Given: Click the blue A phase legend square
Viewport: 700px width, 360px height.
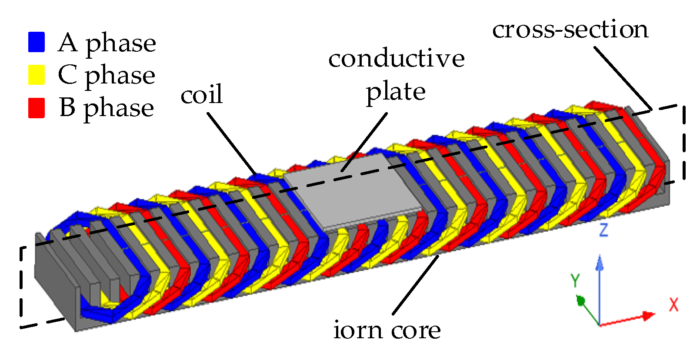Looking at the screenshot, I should click(37, 42).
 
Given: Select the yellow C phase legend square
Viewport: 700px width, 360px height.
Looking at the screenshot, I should click(37, 75).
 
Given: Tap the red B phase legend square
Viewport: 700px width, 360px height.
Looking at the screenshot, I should click(37, 108).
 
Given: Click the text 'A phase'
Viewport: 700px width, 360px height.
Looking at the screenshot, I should click(107, 43).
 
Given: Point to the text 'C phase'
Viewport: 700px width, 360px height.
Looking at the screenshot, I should click(107, 76).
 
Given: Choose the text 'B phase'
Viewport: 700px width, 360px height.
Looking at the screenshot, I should click(107, 108).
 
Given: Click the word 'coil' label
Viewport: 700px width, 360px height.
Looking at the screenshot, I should click(201, 94).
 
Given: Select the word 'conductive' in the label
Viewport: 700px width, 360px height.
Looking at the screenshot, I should click(396, 59).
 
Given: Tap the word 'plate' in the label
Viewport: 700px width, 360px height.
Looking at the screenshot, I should click(396, 92).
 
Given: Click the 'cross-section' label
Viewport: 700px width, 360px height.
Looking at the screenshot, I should click(570, 30).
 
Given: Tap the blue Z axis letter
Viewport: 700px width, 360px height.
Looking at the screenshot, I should click(603, 230).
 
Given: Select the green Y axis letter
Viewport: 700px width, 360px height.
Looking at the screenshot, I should click(575, 280).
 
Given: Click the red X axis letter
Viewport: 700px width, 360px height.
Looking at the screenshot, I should click(673, 304).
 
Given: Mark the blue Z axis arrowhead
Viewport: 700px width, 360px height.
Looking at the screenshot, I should click(600, 262).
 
